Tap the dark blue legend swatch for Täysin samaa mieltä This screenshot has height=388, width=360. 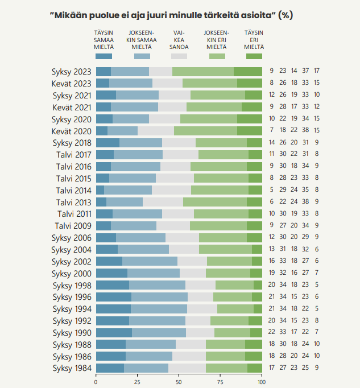[x=104, y=56]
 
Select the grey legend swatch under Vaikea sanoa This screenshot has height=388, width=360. [x=179, y=56]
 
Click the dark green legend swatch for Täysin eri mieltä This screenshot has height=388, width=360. [x=254, y=56]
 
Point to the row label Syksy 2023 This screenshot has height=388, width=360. [x=72, y=72]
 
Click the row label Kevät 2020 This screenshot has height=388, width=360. [x=72, y=131]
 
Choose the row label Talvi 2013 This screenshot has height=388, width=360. [x=74, y=202]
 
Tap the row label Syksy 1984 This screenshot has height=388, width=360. [x=72, y=368]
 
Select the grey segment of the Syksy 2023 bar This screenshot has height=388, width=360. [x=160, y=72]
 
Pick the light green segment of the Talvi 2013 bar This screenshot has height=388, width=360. [x=215, y=202]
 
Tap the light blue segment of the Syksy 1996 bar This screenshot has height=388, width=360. [x=159, y=297]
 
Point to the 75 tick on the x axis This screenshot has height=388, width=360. [x=220, y=382]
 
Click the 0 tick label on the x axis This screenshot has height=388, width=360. [x=96, y=382]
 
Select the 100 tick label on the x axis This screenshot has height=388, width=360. [x=262, y=382]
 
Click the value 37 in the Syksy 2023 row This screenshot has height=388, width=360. [x=306, y=72]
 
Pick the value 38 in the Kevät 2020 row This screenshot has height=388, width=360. [x=306, y=131]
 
